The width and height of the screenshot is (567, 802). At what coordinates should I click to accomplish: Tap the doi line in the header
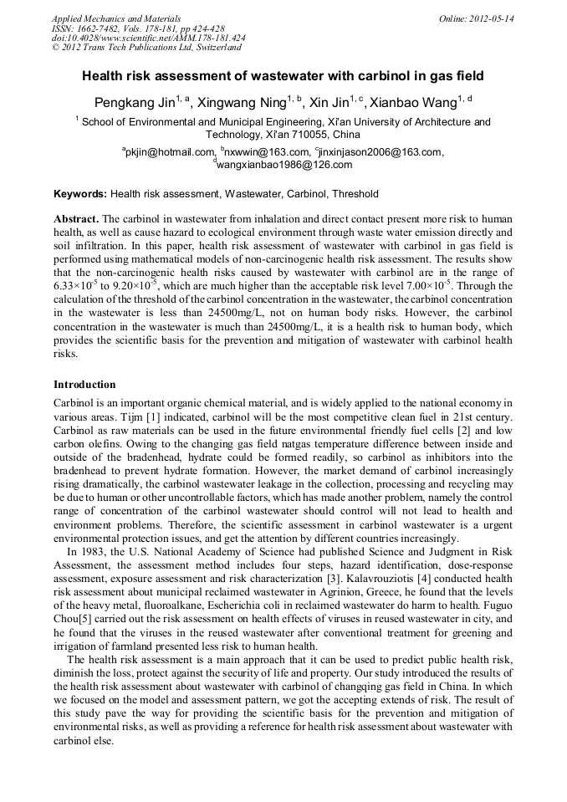tap(149, 38)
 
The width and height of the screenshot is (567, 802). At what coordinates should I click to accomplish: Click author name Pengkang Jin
tap(138, 103)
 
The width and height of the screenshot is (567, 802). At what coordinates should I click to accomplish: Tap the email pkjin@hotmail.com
tap(170, 152)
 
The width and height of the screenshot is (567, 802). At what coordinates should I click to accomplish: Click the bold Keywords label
tap(80, 194)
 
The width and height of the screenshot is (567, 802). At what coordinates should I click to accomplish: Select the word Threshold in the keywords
tap(355, 194)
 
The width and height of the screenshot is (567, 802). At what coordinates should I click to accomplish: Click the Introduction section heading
tap(84, 385)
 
